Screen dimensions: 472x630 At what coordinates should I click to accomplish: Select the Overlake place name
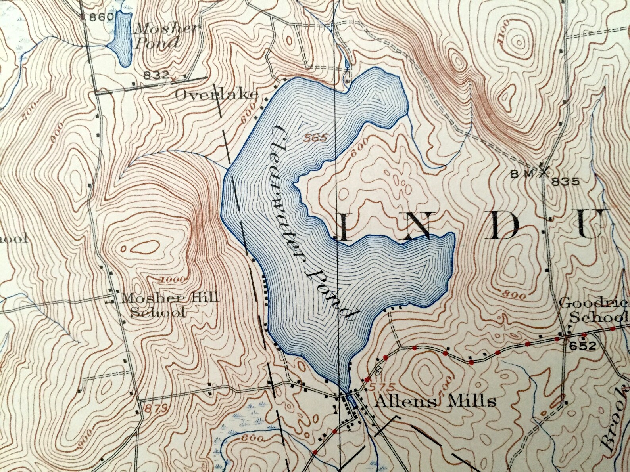click(217, 95)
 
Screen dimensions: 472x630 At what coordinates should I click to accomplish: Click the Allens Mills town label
click(435, 402)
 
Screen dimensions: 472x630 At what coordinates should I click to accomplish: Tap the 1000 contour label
click(173, 280)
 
